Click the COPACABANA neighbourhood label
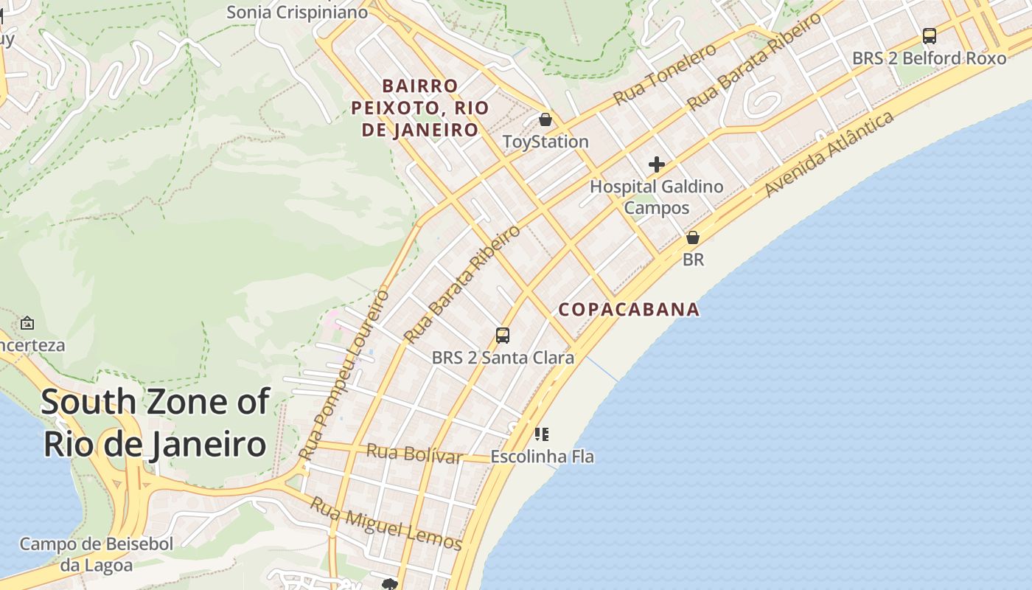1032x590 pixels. [x=629, y=309]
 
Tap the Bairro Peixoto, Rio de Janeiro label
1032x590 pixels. [x=419, y=108]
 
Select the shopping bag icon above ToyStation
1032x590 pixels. [x=545, y=119]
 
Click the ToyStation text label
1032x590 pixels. [x=545, y=142]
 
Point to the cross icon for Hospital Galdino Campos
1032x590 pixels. [x=656, y=164]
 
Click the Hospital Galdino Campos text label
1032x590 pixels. [x=656, y=197]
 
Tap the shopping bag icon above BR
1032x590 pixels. [x=693, y=237]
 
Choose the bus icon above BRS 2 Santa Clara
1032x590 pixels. [x=503, y=336]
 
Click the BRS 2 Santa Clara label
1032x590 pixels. [x=503, y=358]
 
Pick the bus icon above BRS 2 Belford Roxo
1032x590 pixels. [x=930, y=35]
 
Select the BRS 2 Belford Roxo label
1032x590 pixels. [x=929, y=58]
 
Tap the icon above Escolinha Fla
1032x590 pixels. [x=542, y=434]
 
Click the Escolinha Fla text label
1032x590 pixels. [x=542, y=457]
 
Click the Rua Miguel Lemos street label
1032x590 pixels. [x=386, y=524]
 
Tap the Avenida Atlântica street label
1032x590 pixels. [x=829, y=153]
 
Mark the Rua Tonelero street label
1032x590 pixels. [x=665, y=74]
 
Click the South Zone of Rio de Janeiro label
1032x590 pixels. [x=155, y=423]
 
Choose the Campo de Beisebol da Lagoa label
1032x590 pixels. [x=96, y=555]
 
